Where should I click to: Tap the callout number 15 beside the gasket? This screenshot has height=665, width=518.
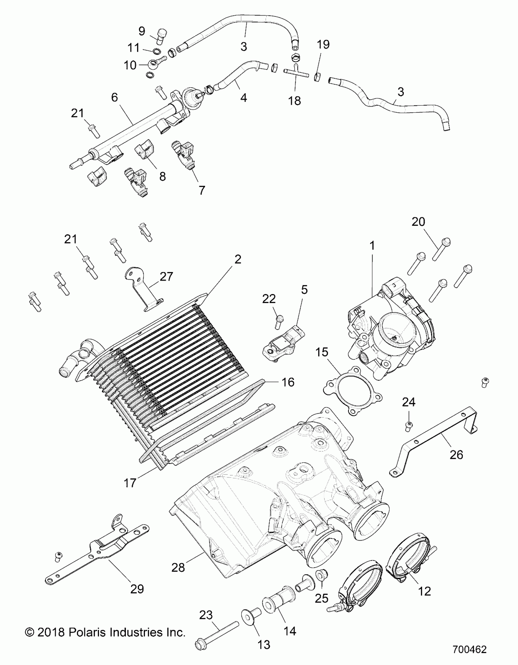tap(322, 352)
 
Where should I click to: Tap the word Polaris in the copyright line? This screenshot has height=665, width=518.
tap(87, 632)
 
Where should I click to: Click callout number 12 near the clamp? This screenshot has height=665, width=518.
tap(424, 591)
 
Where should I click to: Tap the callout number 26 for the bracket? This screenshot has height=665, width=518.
tap(456, 463)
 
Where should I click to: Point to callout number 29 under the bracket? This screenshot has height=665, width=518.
tap(137, 589)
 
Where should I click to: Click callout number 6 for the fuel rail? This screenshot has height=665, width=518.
tap(114, 97)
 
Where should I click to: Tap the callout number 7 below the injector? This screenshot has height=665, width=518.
tap(201, 190)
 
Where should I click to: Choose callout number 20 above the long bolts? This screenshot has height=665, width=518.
tap(418, 222)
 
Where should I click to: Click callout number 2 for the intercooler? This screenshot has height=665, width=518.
tap(237, 259)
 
